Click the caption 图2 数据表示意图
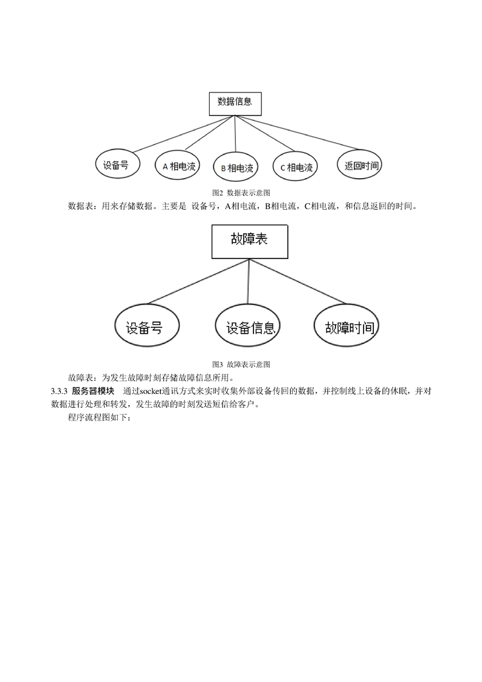click(241, 193)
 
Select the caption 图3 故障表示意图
click(241, 365)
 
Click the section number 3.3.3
click(59, 391)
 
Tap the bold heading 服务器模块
click(93, 391)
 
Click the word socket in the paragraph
click(151, 391)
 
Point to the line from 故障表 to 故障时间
click(298, 281)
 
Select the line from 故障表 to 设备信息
click(249, 281)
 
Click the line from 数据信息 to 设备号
click(184, 134)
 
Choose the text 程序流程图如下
click(97, 418)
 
